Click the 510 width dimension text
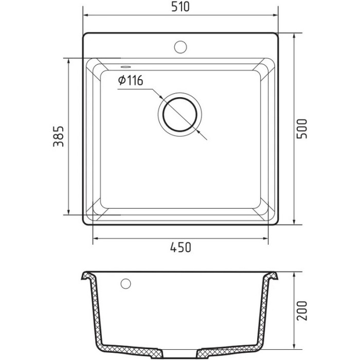coord(181,8)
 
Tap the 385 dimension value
coord(58,136)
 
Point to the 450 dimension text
coord(181,248)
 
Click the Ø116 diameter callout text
coord(130,80)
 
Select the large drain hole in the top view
coord(179,114)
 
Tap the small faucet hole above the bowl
coord(180,46)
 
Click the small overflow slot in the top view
coord(125,66)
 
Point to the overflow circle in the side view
coord(125,283)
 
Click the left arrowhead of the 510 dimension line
coord(85,16)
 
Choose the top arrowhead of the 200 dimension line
coord(293,274)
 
